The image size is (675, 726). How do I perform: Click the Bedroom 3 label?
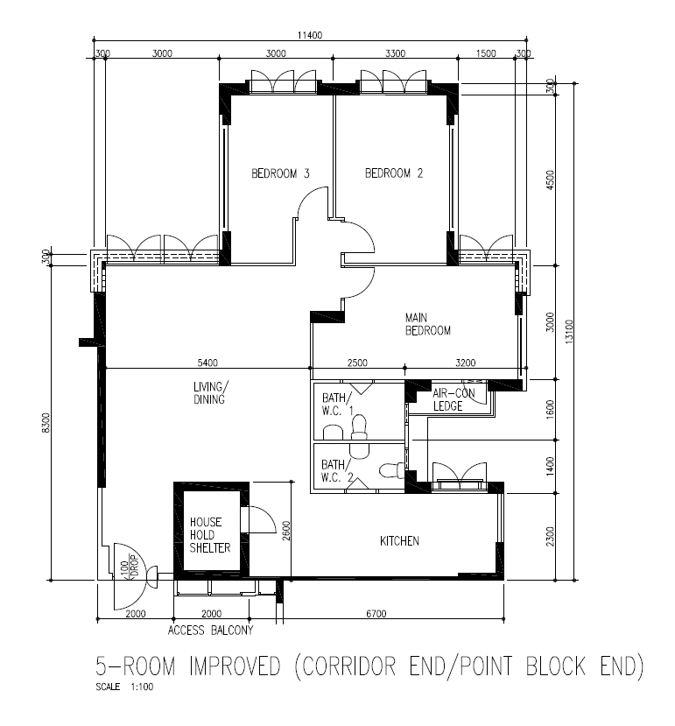(280, 173)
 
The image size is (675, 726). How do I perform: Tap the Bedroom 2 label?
(394, 173)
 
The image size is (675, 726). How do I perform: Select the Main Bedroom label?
(428, 324)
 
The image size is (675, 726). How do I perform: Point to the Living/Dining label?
(211, 393)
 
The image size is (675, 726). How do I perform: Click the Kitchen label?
(399, 541)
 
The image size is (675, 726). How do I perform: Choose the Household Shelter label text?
(210, 535)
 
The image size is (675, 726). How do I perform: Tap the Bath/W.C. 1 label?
(338, 405)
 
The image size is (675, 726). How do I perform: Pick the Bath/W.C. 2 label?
(338, 471)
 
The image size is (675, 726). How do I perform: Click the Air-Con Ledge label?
(454, 399)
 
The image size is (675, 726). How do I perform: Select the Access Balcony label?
(211, 631)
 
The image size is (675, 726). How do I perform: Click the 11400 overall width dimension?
(310, 35)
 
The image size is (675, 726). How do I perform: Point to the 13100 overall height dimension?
(569, 331)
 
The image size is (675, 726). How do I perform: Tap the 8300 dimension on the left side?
(46, 423)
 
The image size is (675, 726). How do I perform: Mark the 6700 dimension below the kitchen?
(376, 614)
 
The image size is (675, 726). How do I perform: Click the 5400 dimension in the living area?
(207, 363)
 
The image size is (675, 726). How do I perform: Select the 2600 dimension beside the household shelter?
(286, 531)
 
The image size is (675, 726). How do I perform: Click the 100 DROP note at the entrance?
(130, 569)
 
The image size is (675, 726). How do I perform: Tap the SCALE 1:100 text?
(124, 687)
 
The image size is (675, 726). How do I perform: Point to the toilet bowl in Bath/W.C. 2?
(391, 471)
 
